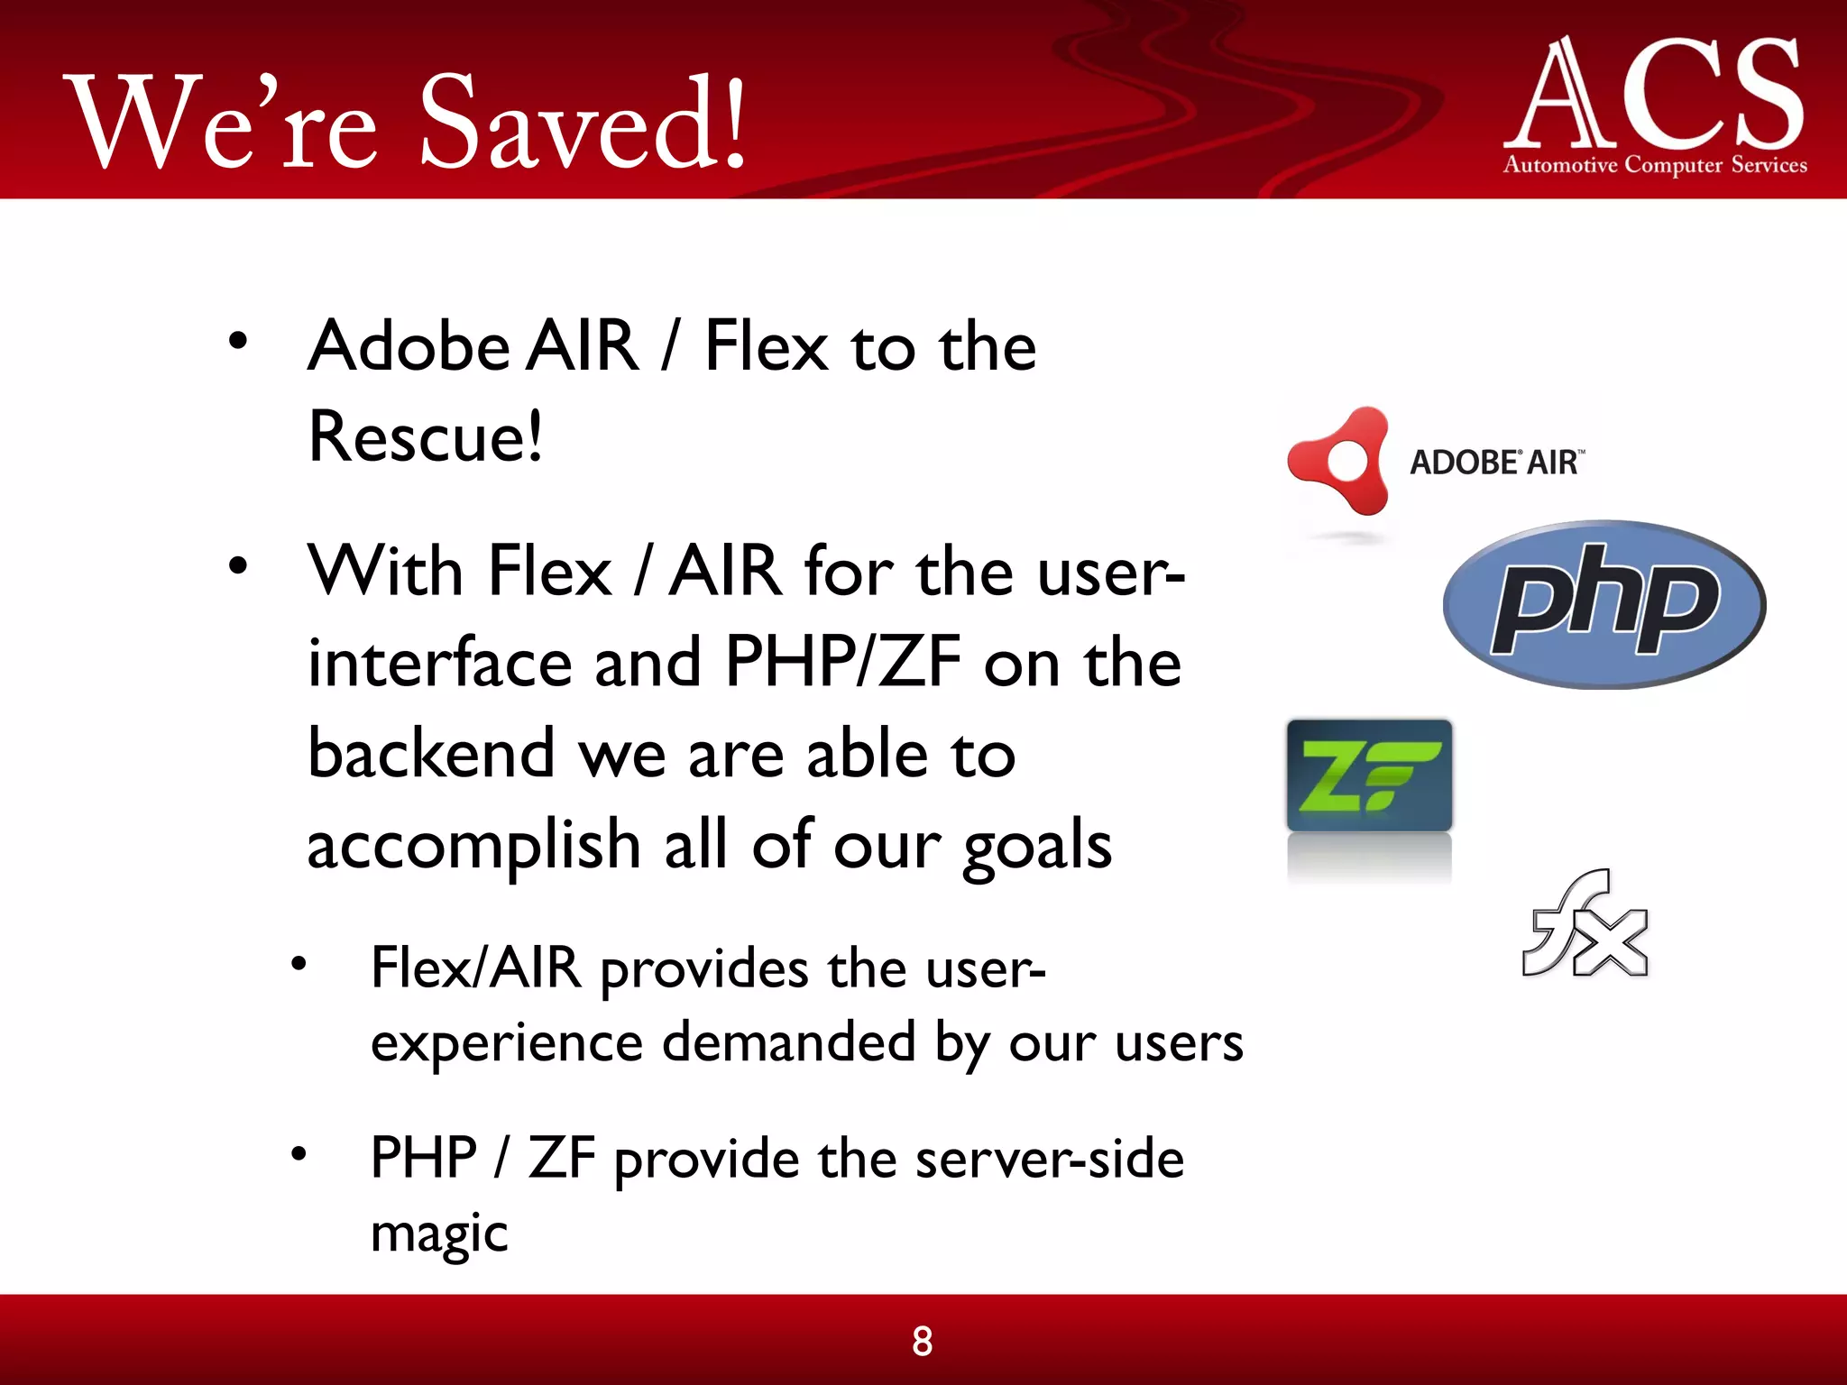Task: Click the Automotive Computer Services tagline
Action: pos(1655,165)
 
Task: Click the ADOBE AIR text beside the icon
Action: pos(1495,463)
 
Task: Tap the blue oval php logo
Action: pos(1603,604)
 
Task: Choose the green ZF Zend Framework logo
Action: pos(1369,775)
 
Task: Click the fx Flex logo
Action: pos(1585,924)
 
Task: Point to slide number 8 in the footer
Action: pos(922,1342)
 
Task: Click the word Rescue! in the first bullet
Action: pos(426,437)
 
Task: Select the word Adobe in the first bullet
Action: pos(409,347)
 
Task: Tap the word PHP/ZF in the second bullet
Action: pos(843,663)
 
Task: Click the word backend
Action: pos(431,754)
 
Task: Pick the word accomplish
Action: pos(474,846)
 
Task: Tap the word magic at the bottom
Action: pos(439,1233)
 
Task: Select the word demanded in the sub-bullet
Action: pos(789,1043)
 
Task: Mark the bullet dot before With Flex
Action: pos(237,566)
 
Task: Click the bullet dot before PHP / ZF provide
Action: pos(299,1153)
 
